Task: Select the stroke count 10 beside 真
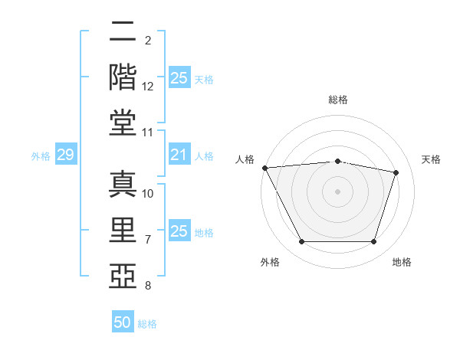click(x=148, y=194)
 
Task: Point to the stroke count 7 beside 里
click(x=148, y=240)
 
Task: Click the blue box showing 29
click(x=65, y=155)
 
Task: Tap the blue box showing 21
click(x=179, y=155)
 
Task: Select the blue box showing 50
click(x=123, y=322)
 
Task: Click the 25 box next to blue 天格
click(x=179, y=78)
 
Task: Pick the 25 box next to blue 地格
click(x=179, y=231)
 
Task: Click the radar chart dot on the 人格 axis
click(x=264, y=168)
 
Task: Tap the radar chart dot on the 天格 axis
click(x=396, y=172)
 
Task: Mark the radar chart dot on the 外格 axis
click(x=301, y=242)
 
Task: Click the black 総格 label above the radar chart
click(x=338, y=100)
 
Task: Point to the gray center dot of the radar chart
click(x=338, y=191)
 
